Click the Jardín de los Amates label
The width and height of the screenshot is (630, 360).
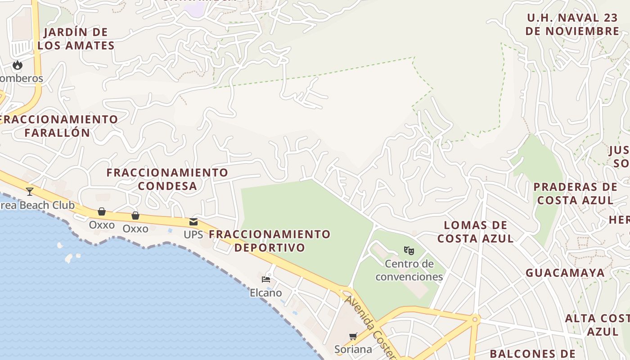(76, 39)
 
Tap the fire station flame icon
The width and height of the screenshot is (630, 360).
(18, 65)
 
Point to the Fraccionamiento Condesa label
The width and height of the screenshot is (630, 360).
(167, 179)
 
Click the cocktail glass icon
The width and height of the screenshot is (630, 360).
(30, 192)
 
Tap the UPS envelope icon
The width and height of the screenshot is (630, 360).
(193, 221)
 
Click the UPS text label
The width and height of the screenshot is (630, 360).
(193, 234)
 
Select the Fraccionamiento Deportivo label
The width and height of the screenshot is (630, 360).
(270, 241)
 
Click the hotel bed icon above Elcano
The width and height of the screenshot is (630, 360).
(266, 279)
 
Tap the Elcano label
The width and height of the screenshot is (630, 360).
(266, 293)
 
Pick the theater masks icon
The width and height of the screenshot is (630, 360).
(409, 250)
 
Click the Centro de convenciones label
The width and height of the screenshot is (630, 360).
(409, 270)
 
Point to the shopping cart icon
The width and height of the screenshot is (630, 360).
(353, 336)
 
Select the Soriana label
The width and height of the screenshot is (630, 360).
(353, 349)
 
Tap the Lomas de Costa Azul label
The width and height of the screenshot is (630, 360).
(476, 232)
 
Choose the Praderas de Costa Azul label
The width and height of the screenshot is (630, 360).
(575, 193)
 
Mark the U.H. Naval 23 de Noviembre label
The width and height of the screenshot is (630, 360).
(572, 25)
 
